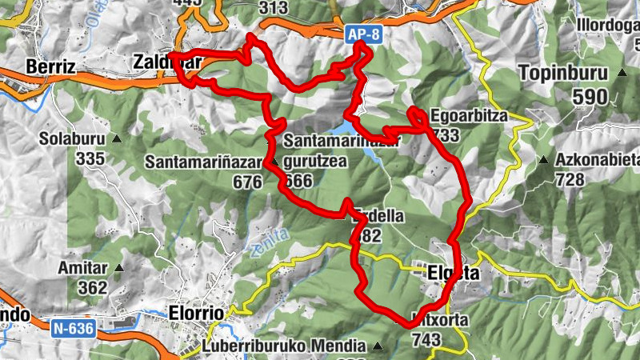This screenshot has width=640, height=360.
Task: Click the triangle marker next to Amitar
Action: tap(120, 268)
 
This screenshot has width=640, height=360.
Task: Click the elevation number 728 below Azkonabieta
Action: tap(570, 180)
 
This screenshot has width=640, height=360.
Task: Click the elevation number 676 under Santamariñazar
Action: tap(248, 182)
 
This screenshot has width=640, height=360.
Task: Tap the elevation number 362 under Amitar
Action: tap(93, 287)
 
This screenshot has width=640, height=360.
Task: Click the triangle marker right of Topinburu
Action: tap(622, 74)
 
